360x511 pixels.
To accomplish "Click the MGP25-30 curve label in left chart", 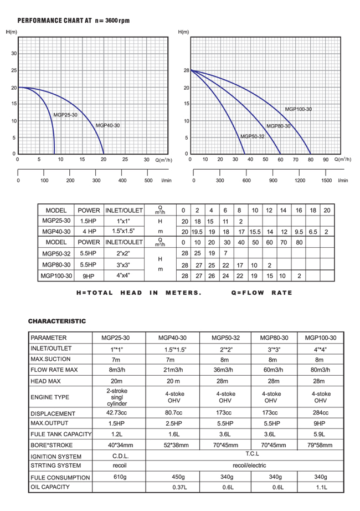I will (x=65, y=115).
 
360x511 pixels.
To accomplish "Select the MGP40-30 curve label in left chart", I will (x=107, y=125).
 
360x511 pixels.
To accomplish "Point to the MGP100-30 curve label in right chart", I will (x=299, y=109).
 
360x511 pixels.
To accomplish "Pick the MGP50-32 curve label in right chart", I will (x=252, y=136).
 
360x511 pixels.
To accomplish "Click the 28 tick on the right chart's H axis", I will (x=186, y=70).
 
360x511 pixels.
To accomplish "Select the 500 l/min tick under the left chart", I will (x=148, y=180).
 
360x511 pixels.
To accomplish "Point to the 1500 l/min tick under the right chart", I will (x=326, y=180).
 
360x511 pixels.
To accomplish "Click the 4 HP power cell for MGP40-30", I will (x=89, y=232).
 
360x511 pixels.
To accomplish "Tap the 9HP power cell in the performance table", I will (x=89, y=275).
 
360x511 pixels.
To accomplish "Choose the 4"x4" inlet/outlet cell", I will (x=124, y=275).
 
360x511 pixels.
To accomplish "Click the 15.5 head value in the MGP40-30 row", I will (x=255, y=232).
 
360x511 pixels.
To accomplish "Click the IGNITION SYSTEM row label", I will (x=56, y=457).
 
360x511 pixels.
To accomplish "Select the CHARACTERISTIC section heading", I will (x=57, y=321).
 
